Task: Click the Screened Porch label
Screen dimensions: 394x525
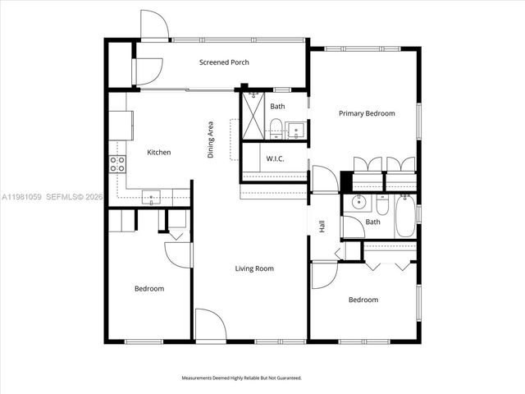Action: pyautogui.click(x=224, y=62)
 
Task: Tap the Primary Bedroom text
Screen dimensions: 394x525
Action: pyautogui.click(x=367, y=113)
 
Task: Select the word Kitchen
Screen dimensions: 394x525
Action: pyautogui.click(x=158, y=152)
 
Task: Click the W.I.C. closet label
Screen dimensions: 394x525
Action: pyautogui.click(x=275, y=158)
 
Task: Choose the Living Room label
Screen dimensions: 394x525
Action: pyautogui.click(x=253, y=268)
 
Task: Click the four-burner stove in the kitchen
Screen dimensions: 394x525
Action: pyautogui.click(x=117, y=163)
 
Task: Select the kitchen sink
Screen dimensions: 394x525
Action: pyautogui.click(x=151, y=196)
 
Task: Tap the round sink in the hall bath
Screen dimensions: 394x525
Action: pyautogui.click(x=358, y=203)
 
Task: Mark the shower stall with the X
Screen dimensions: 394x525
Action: pyautogui.click(x=253, y=116)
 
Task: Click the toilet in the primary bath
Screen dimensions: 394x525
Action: pyautogui.click(x=276, y=127)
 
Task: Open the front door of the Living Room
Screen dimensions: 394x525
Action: pyautogui.click(x=210, y=324)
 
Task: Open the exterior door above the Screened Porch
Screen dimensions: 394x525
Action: pyautogui.click(x=154, y=25)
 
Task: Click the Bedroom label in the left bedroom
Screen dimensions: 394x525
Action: pyautogui.click(x=149, y=288)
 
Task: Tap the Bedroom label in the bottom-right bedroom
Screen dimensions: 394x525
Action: pyautogui.click(x=363, y=300)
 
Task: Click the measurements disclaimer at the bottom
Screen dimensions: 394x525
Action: pyautogui.click(x=241, y=378)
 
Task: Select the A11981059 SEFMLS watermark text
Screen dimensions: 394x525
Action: pyautogui.click(x=52, y=197)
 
